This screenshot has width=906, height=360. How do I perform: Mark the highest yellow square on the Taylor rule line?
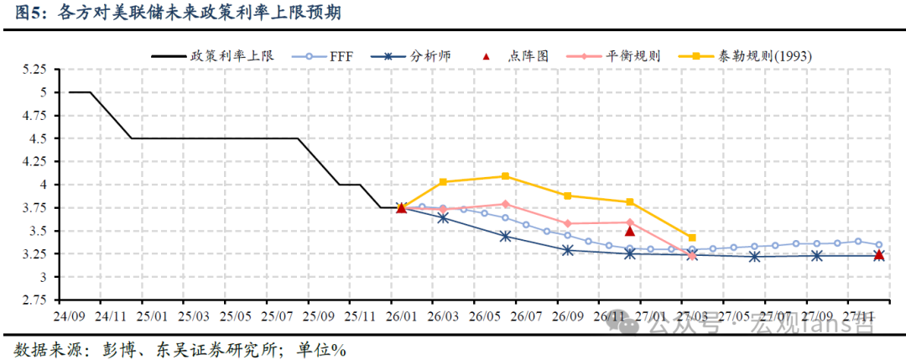point(505,176)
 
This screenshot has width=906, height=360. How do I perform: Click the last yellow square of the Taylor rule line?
point(692,237)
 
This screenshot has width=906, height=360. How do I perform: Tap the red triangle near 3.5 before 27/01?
point(630,231)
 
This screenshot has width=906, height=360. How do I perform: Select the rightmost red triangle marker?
point(878,255)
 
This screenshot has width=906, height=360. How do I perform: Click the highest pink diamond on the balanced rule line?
point(505,204)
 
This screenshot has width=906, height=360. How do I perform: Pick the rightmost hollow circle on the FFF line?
point(878,244)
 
